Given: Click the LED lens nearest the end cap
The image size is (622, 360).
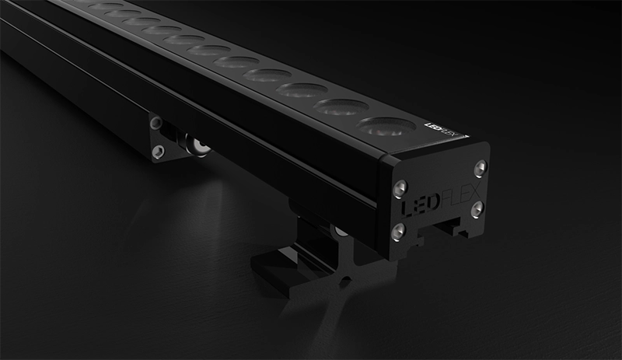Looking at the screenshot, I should tap(386, 125).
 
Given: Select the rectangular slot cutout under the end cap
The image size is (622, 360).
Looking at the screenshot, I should tap(452, 226).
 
